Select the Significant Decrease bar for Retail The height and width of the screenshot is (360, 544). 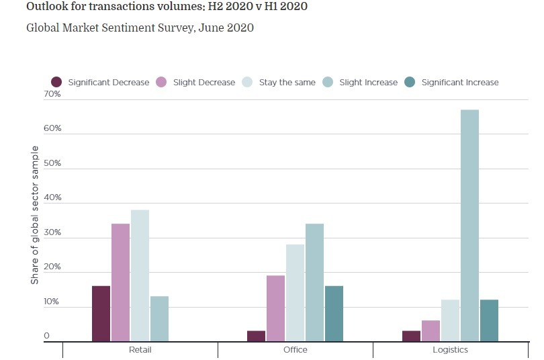pyautogui.click(x=101, y=314)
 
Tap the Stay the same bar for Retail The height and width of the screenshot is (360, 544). pyautogui.click(x=140, y=276)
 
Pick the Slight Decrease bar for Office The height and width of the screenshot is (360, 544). pyautogui.click(x=275, y=308)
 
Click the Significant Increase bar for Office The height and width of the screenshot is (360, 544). pyautogui.click(x=334, y=314)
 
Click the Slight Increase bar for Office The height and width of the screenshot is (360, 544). pyautogui.click(x=314, y=283)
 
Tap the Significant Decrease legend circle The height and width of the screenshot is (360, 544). pyautogui.click(x=56, y=82)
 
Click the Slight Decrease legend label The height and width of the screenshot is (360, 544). pyautogui.click(x=204, y=83)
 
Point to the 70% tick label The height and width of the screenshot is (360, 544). pyautogui.click(x=52, y=94)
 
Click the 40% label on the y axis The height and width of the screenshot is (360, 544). pyautogui.click(x=52, y=198)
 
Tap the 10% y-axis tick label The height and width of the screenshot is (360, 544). pyautogui.click(x=52, y=302)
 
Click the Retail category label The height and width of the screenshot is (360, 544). pyautogui.click(x=140, y=350)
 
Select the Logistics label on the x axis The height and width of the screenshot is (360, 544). pyautogui.click(x=450, y=350)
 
